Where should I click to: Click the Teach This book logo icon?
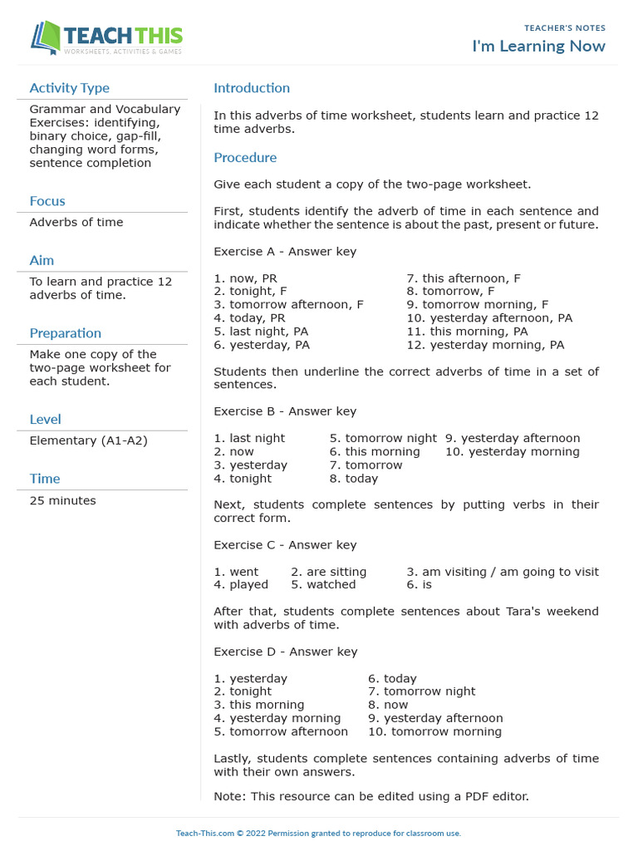click(x=46, y=38)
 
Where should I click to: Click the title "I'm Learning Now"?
click(x=538, y=46)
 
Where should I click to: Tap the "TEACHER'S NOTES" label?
click(x=565, y=28)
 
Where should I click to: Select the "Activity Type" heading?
click(x=69, y=88)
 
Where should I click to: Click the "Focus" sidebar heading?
click(x=47, y=201)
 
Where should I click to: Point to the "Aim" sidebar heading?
click(x=42, y=261)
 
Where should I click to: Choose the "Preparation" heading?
click(x=66, y=333)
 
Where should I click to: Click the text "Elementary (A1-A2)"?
click(x=88, y=440)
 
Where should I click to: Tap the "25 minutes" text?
click(x=62, y=500)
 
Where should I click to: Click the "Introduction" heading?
click(x=252, y=88)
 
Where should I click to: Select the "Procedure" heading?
click(x=245, y=158)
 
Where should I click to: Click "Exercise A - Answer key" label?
click(x=285, y=252)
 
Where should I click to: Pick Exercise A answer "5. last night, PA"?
click(x=261, y=332)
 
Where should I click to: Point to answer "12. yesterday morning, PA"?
click(x=485, y=345)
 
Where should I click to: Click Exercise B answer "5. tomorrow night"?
click(x=383, y=438)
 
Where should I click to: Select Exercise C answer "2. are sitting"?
click(x=328, y=572)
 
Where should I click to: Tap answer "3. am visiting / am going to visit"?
click(x=503, y=572)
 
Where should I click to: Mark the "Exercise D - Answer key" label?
click(x=285, y=652)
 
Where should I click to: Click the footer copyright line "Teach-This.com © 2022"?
click(x=318, y=833)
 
